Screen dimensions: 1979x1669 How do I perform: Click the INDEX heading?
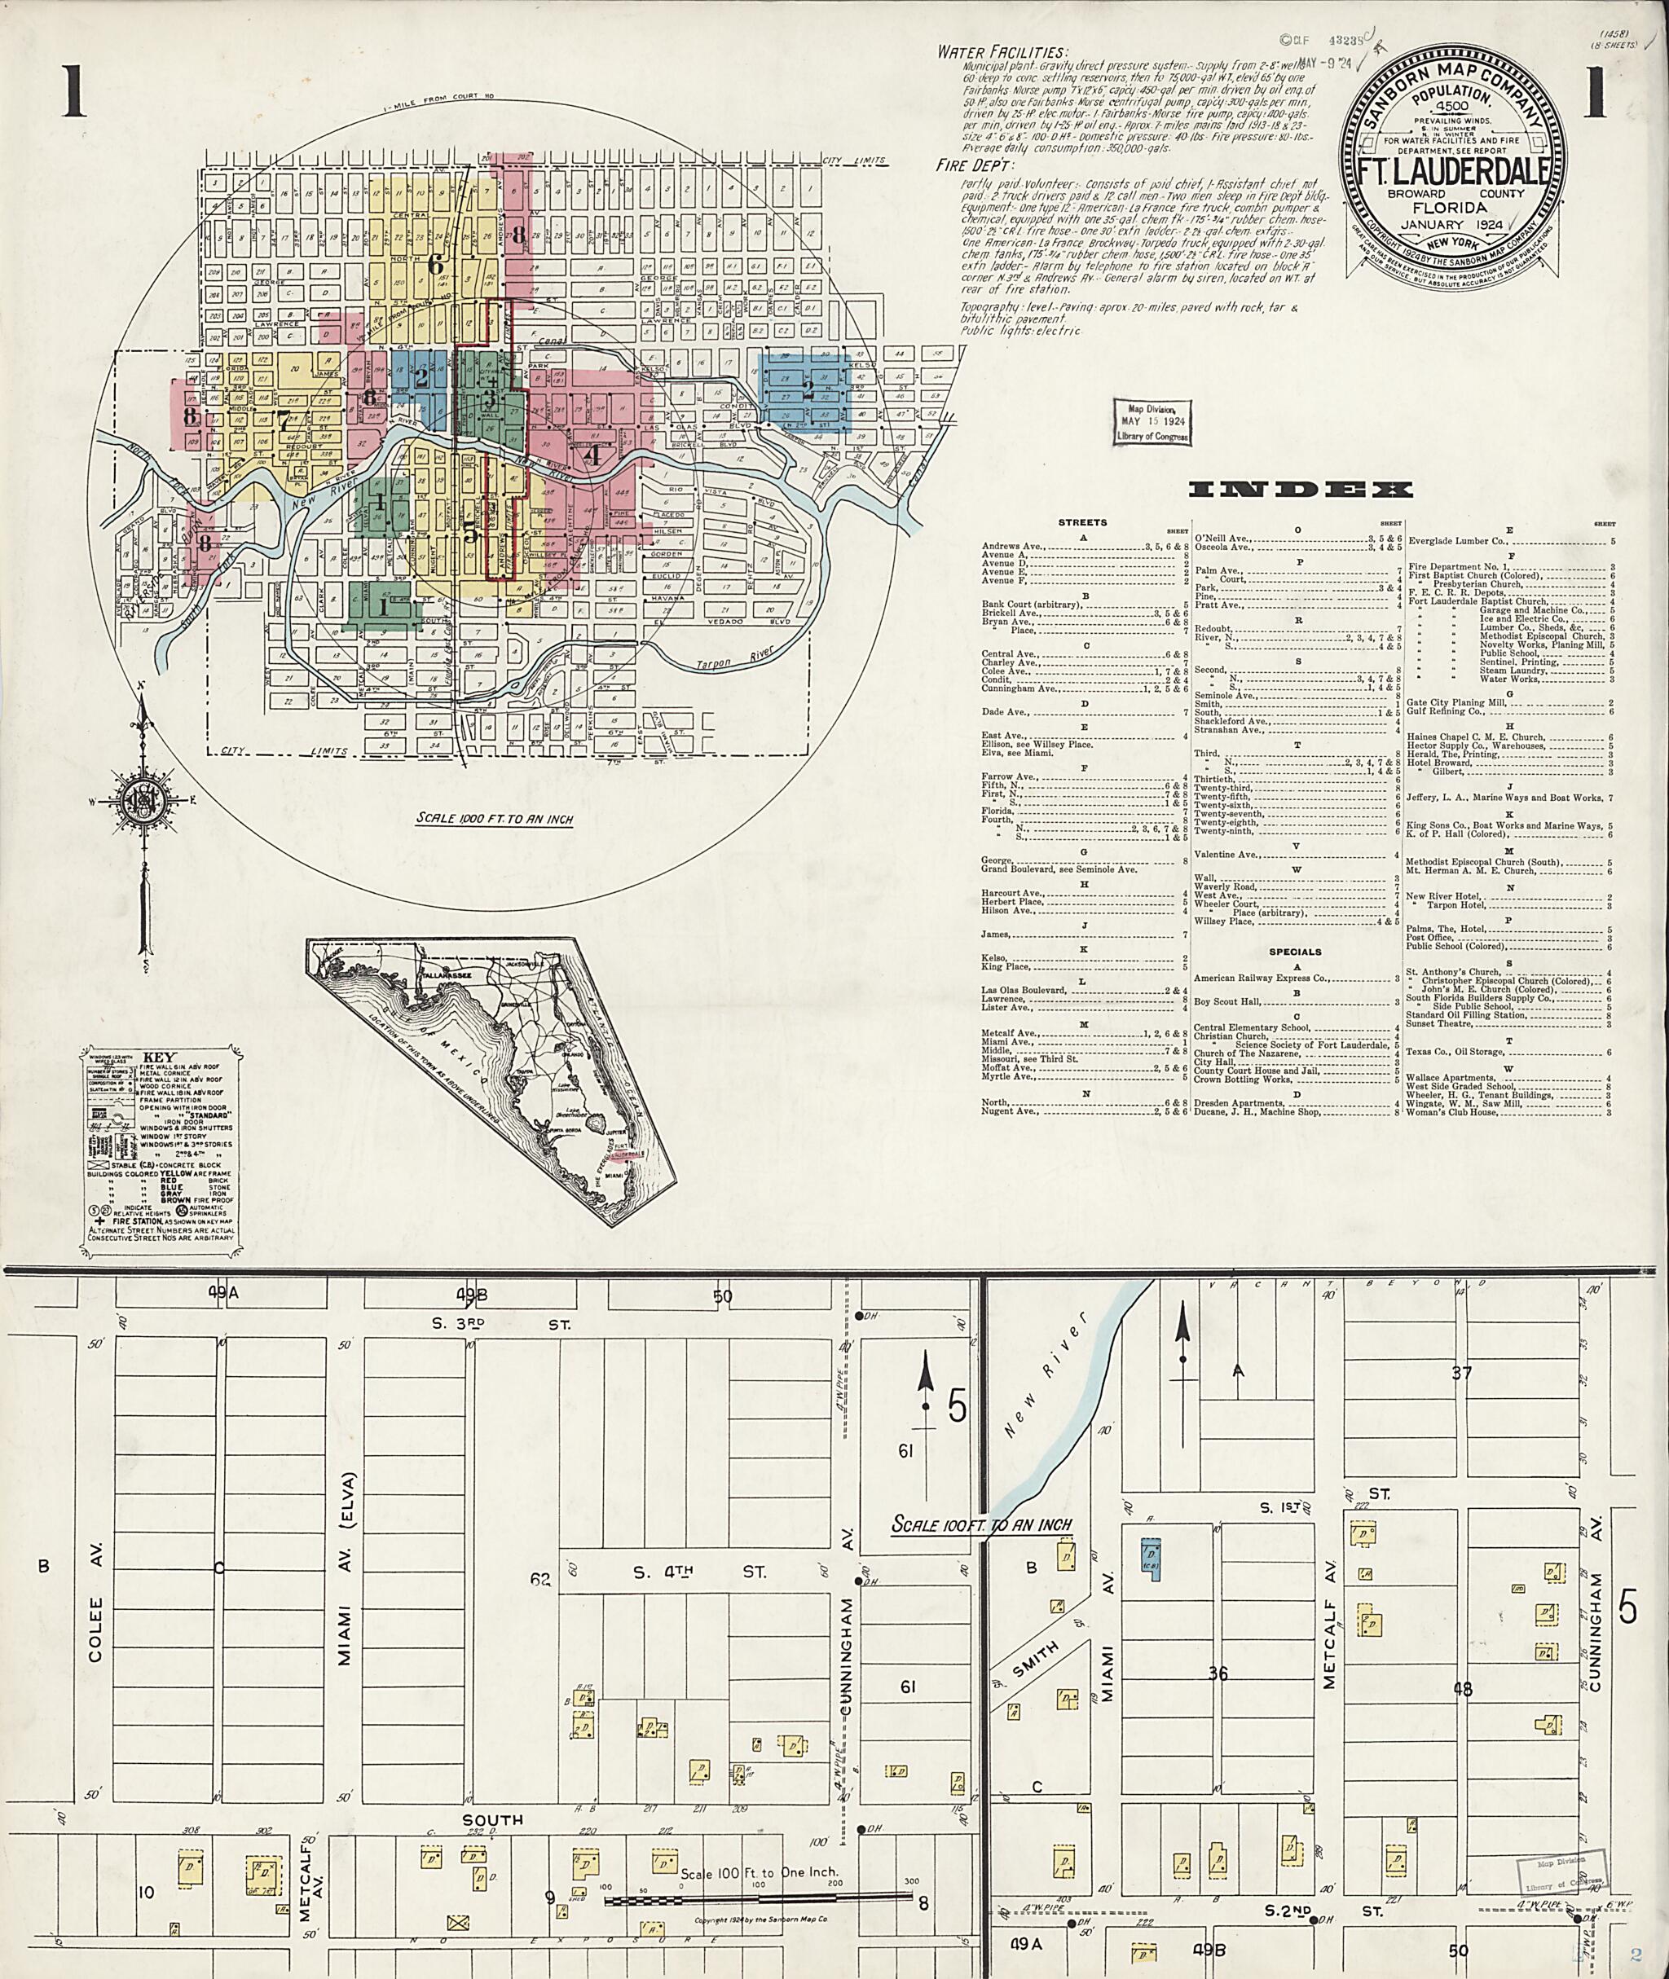point(1299,489)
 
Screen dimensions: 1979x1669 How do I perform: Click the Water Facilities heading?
point(1002,52)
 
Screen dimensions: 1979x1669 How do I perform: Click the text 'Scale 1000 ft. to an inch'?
point(494,820)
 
